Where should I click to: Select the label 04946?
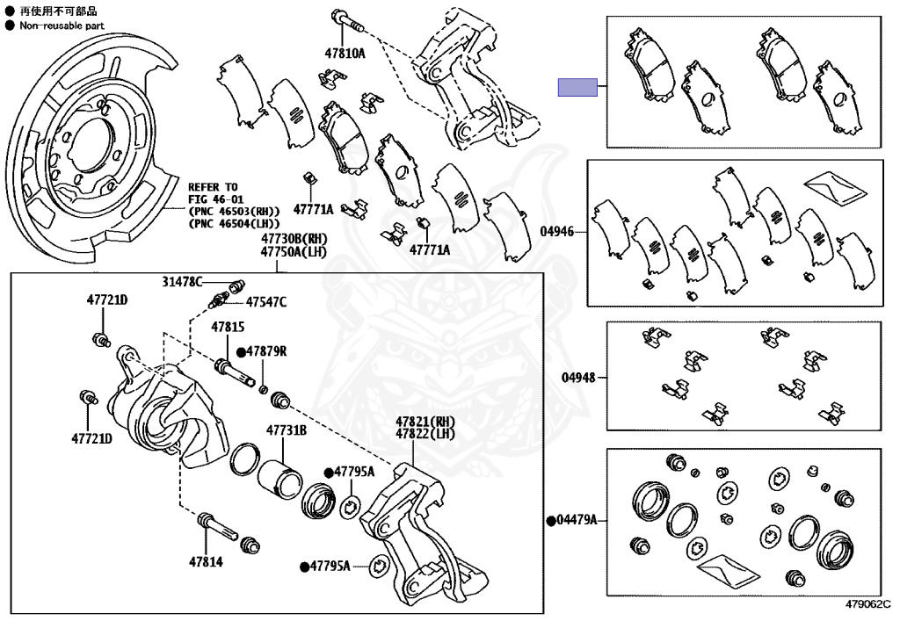pos(557,232)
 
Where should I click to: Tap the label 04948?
pos(578,379)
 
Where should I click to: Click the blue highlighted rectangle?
pos(577,87)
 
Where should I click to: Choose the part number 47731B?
pos(287,430)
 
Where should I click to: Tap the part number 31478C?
pos(182,281)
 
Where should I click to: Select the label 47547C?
pos(265,302)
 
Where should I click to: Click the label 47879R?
pos(266,352)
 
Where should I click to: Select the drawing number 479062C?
pos(868,604)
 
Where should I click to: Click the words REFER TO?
pos(213,187)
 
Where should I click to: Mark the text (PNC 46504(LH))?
pos(235,223)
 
